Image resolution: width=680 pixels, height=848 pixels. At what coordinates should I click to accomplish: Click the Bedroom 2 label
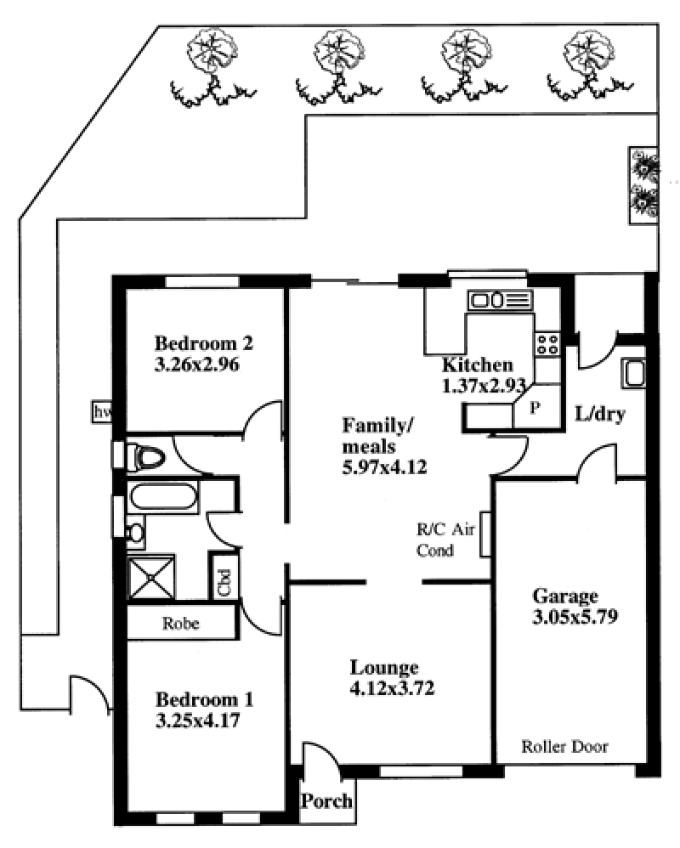tap(204, 343)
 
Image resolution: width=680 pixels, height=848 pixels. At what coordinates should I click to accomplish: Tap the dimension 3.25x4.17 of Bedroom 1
tap(197, 721)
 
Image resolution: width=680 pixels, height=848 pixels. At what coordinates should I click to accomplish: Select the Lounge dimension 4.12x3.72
tap(392, 688)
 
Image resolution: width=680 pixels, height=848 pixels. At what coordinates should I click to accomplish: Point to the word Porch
tap(326, 801)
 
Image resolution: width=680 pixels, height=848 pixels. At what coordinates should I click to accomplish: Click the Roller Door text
tap(564, 747)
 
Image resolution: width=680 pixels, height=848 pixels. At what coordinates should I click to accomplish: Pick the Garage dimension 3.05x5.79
tap(575, 617)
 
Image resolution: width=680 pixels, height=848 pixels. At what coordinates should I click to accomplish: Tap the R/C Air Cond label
tap(445, 540)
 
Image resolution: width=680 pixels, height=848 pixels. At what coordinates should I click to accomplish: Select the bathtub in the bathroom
tap(163, 497)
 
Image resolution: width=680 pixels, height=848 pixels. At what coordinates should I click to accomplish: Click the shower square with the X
tap(151, 578)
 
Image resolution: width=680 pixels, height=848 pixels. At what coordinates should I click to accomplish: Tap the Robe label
tap(181, 624)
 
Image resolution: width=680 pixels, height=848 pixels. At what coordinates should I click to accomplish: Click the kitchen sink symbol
tap(500, 300)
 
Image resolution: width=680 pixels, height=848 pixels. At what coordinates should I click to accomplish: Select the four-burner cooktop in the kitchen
tap(547, 344)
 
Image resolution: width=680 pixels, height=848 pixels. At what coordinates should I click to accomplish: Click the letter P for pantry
tap(535, 407)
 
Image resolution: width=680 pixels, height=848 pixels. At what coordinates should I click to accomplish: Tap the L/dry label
tap(600, 415)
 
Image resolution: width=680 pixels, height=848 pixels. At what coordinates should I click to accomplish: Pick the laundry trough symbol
tap(634, 373)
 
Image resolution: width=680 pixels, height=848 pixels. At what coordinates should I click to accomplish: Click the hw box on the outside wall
tap(102, 412)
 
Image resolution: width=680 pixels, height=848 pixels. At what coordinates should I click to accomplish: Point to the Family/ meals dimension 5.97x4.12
tap(385, 466)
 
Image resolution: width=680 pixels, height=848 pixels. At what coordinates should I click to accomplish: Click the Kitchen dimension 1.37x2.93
tap(484, 386)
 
